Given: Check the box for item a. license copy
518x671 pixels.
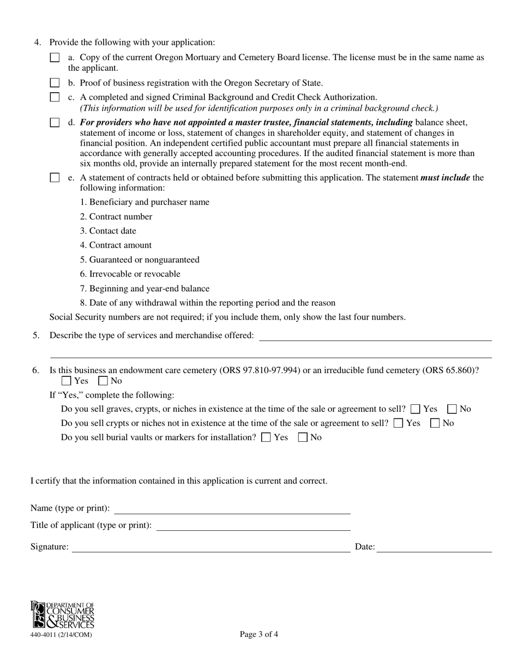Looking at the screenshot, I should [x=55, y=57].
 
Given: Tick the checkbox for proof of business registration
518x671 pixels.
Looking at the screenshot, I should [x=55, y=83].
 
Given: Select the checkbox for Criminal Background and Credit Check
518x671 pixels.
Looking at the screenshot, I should [x=55, y=97].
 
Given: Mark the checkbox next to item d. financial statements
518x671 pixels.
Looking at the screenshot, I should [x=55, y=123].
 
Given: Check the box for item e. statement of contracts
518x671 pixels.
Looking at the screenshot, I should [x=55, y=178].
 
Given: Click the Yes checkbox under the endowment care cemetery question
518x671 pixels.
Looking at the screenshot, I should [x=66, y=381].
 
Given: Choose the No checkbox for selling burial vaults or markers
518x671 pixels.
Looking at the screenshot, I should [x=303, y=437].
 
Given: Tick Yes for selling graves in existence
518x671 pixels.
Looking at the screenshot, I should [x=415, y=409].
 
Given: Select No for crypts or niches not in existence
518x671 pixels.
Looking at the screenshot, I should [x=435, y=423].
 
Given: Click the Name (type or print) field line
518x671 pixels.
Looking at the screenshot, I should [x=232, y=508].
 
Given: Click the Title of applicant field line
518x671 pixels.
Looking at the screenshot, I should [x=253, y=525].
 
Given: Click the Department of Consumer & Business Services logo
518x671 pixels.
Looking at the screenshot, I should [x=62, y=615].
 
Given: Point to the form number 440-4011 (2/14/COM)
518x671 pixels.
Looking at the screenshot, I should [x=61, y=634].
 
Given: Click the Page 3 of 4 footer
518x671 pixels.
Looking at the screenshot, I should [x=259, y=634].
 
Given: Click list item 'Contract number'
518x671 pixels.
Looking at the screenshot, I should [x=116, y=217].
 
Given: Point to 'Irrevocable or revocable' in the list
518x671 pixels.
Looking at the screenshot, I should [x=130, y=274].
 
